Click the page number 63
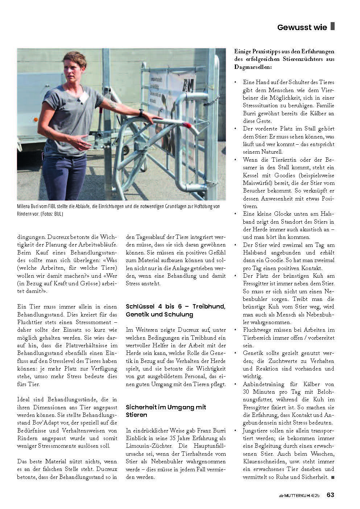click(330, 494)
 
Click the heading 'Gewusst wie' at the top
click(302, 27)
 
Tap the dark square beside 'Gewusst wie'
click(333, 27)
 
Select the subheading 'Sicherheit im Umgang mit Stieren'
click(166, 411)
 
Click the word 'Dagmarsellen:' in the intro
click(252, 68)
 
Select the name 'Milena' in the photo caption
click(24, 206)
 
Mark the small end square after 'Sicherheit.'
click(333, 477)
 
